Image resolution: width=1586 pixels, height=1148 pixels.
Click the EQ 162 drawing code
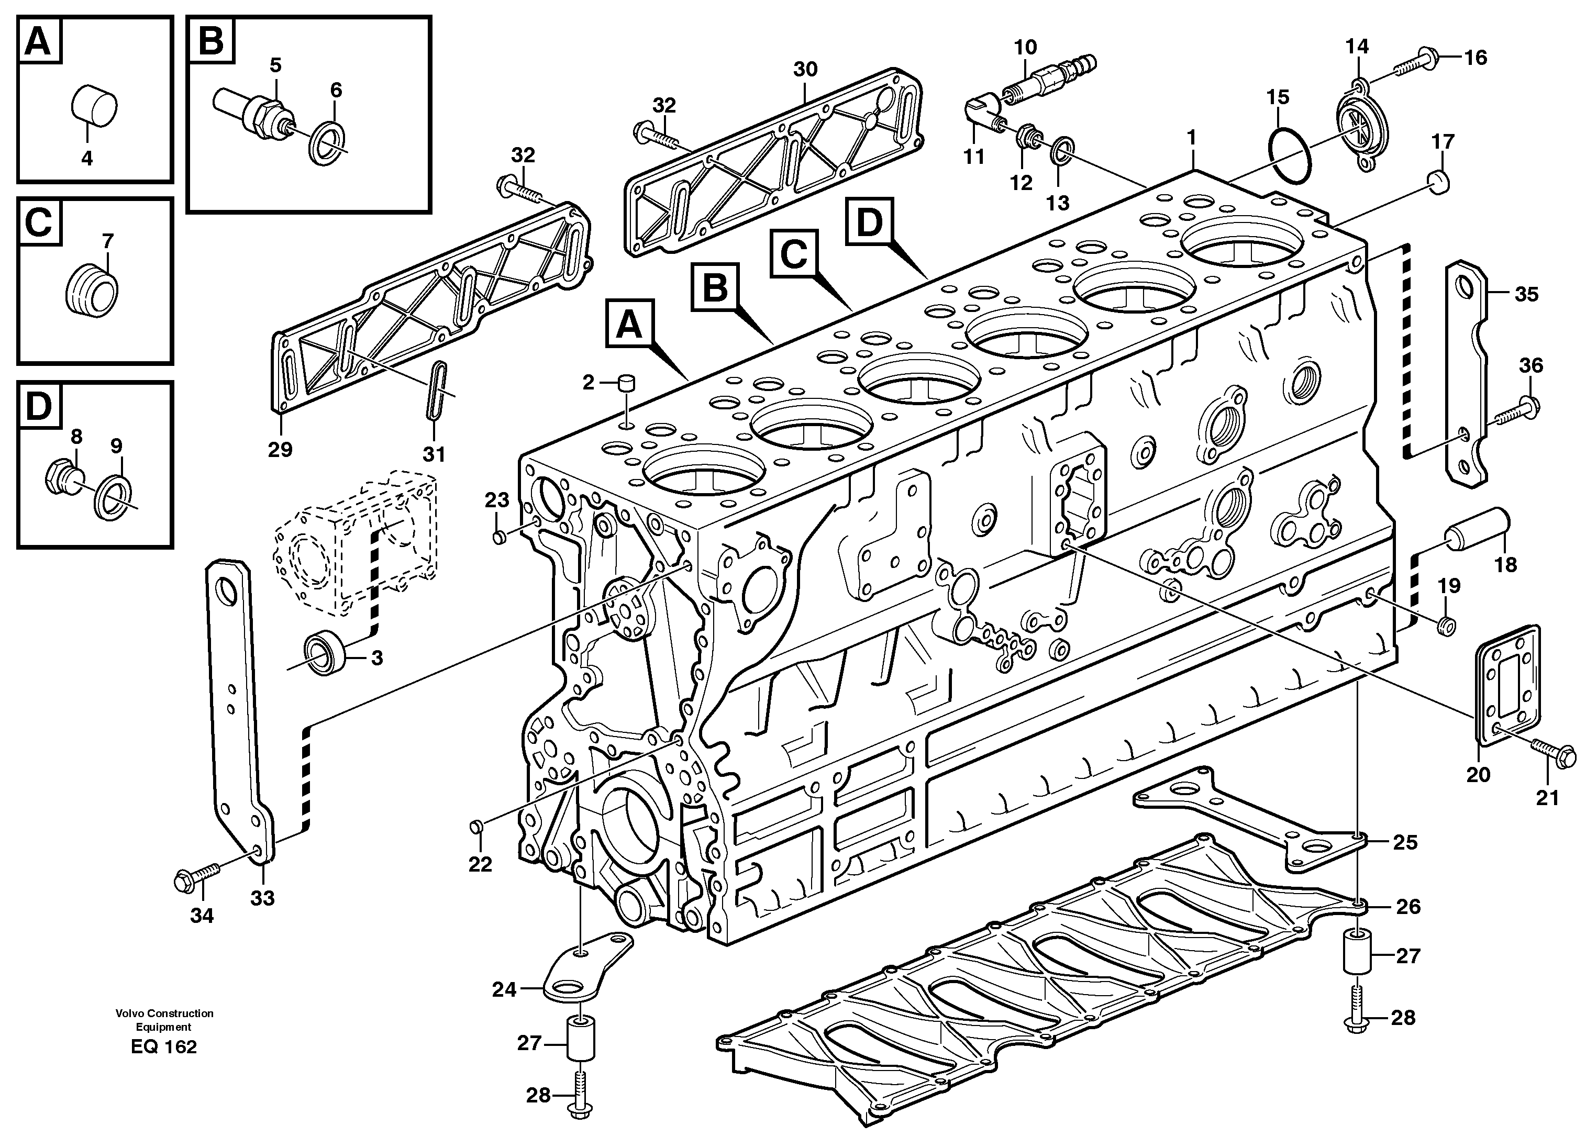pos(164,1046)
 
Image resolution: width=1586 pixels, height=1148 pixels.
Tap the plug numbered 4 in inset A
pos(95,107)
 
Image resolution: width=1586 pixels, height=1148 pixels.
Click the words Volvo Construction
pos(165,1013)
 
